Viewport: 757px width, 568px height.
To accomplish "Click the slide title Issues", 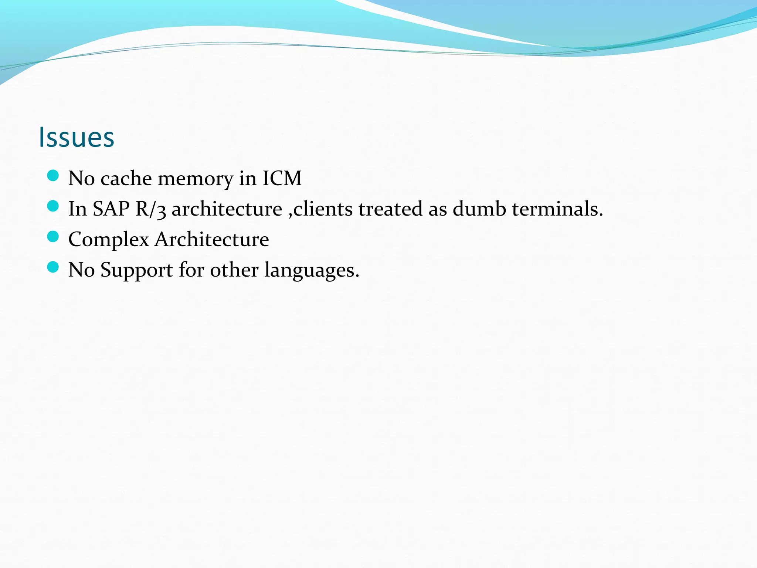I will point(77,137).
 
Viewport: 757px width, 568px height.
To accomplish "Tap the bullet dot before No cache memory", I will point(53,176).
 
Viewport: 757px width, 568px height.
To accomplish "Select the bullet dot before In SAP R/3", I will point(53,206).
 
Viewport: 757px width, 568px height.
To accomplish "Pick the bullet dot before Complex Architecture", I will point(53,237).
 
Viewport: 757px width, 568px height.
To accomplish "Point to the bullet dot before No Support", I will point(53,267).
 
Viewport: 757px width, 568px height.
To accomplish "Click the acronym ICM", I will point(282,178).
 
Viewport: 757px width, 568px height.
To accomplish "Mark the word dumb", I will point(479,209).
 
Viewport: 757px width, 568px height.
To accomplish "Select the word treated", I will point(390,209).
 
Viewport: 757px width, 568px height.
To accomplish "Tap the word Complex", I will point(109,240).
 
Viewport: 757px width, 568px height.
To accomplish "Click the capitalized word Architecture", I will point(212,239).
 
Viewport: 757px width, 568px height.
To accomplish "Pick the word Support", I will point(136,270).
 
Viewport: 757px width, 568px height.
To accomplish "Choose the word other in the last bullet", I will point(234,269).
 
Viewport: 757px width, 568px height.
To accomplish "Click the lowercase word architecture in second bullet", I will point(227,209).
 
